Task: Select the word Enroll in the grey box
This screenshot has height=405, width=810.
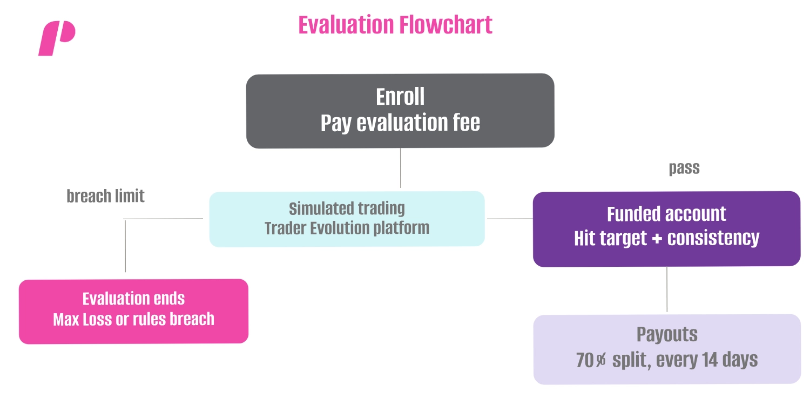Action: pyautogui.click(x=400, y=97)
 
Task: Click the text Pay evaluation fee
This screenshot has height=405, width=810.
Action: pyautogui.click(x=400, y=123)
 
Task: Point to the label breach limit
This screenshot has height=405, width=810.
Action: pyautogui.click(x=105, y=196)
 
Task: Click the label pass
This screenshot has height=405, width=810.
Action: pyautogui.click(x=684, y=168)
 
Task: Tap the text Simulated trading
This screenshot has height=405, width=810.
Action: pyautogui.click(x=347, y=208)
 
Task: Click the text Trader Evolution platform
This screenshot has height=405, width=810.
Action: pyautogui.click(x=347, y=228)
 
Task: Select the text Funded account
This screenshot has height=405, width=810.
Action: pyautogui.click(x=666, y=214)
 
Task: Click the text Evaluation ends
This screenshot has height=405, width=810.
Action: pyautogui.click(x=133, y=299)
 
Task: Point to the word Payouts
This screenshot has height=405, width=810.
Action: pyautogui.click(x=667, y=335)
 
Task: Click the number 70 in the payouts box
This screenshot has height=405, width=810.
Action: pyautogui.click(x=585, y=360)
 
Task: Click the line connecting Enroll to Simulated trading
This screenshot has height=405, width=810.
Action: pyautogui.click(x=400, y=168)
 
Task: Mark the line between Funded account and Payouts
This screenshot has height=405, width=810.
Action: pyautogui.click(x=667, y=289)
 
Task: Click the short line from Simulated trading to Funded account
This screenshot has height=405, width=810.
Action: pyautogui.click(x=510, y=219)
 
